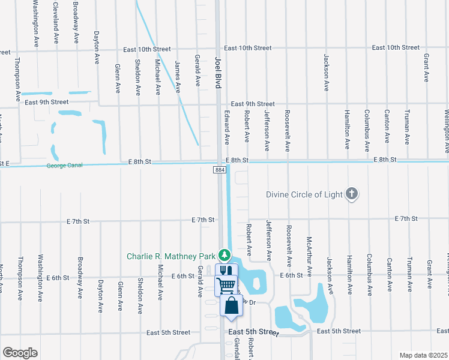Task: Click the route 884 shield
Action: tap(219, 171)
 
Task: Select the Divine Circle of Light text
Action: tap(304, 194)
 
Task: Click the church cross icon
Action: tap(352, 193)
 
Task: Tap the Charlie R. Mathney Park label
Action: tap(170, 256)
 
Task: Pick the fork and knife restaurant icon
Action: tap(226, 272)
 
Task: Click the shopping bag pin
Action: tap(232, 306)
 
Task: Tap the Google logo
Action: tap(20, 353)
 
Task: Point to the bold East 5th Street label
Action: tap(253, 332)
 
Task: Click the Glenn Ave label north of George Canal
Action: tap(117, 79)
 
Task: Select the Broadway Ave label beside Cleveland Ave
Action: tap(76, 21)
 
